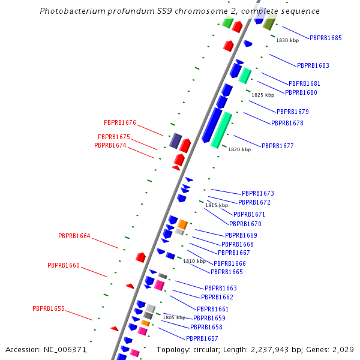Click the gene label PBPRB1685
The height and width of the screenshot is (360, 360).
326,38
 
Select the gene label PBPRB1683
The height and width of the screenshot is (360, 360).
313,65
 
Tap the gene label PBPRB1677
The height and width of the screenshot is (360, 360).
277,146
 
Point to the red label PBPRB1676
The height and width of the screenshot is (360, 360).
120,122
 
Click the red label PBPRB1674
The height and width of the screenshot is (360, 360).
110,145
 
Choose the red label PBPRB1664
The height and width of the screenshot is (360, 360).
74,236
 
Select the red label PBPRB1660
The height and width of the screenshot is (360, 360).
64,265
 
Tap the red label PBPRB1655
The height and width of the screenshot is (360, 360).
49,308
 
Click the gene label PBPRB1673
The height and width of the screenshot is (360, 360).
257,193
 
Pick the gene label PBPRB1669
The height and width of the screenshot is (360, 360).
241,235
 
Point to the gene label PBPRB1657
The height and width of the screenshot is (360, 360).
202,338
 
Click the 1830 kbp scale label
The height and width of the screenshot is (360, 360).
287,40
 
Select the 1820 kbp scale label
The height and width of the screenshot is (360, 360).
239,149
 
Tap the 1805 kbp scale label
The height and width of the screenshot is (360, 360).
174,317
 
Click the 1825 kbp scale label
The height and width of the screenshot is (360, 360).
263,95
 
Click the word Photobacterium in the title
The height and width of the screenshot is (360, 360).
70,11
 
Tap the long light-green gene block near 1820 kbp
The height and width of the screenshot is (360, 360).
221,130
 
